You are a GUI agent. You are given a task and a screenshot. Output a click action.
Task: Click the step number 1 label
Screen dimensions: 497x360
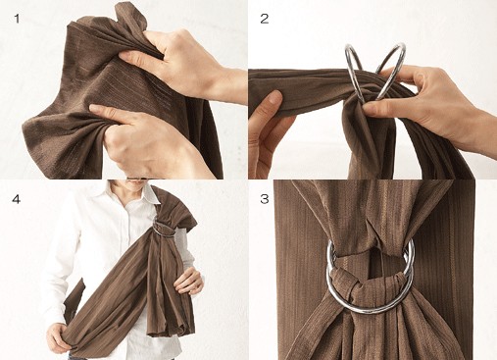tap(17, 19)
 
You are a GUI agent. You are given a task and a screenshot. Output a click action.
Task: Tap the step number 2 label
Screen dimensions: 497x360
tap(264, 19)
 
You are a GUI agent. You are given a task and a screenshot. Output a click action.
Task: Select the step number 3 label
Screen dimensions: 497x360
tap(265, 198)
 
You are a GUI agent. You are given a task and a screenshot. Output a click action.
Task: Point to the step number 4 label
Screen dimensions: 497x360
tap(16, 198)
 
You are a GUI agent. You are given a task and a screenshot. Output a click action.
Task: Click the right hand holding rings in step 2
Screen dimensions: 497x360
tap(424, 98)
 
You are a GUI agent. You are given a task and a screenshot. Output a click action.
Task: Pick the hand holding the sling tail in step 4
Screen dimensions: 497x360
tap(188, 282)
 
